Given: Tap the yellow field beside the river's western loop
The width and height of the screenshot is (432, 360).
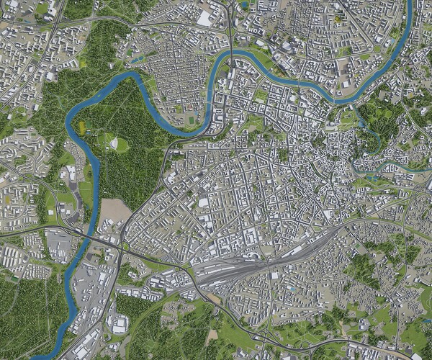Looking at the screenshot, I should pyautogui.click(x=81, y=127).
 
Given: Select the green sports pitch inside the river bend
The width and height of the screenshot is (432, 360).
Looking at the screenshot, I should pyautogui.click(x=190, y=117).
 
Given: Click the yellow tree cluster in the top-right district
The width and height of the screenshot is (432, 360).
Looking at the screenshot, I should pyautogui.click(x=338, y=16).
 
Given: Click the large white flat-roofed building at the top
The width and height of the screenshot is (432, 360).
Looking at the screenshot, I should pyautogui.click(x=205, y=18).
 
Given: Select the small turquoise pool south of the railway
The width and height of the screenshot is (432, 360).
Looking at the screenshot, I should pyautogui.click(x=291, y=287).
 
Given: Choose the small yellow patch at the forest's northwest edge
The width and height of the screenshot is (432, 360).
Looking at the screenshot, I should pyautogui.click(x=83, y=63).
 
